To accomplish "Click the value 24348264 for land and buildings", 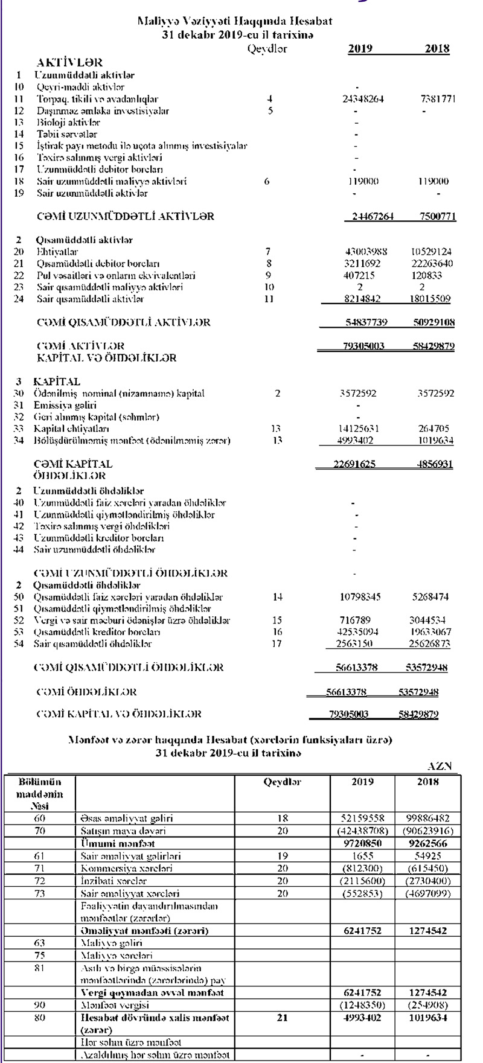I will [x=362, y=99].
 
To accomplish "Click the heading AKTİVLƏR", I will [x=69, y=62].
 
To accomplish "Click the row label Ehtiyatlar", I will [x=57, y=252].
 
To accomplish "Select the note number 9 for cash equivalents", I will [x=269, y=275].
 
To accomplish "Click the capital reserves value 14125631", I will [x=360, y=429].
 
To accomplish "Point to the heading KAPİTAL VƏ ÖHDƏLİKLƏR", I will [x=107, y=358].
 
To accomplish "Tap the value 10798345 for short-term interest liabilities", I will [x=360, y=597].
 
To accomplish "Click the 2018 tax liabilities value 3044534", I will [x=430, y=620].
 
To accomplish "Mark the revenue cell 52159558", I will [x=362, y=819].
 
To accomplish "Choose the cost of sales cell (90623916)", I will [x=425, y=831].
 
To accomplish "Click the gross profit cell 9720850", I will [x=362, y=843].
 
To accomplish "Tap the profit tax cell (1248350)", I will [x=362, y=1006].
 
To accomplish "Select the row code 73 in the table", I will [x=40, y=893].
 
